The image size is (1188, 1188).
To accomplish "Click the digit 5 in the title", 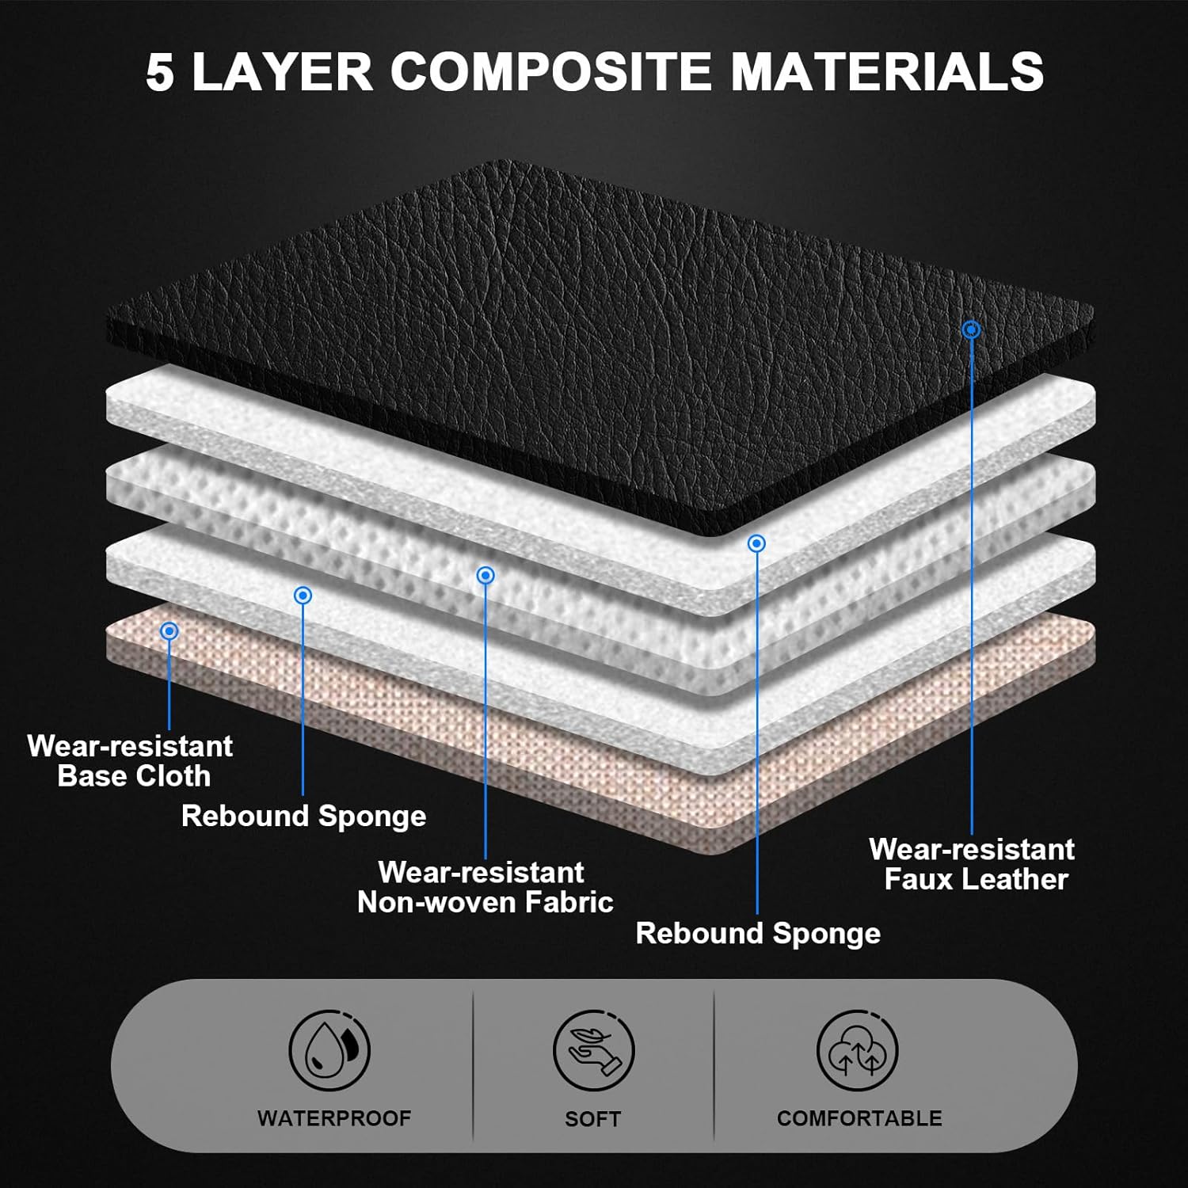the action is coord(159,73).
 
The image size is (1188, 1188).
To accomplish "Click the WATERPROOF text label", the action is coord(334,1118).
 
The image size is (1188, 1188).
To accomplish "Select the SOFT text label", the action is coord(592,1119).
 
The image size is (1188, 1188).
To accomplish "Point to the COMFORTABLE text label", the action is coord(859,1118).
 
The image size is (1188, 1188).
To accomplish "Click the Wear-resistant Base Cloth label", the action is coord(131,760).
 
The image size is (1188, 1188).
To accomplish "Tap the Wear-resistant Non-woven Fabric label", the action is coord(485,887).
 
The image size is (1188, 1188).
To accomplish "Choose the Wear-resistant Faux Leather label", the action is coord(973,864).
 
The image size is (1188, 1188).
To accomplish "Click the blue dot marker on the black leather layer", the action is coord(972,329).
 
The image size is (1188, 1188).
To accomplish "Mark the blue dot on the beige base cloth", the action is coord(169,631).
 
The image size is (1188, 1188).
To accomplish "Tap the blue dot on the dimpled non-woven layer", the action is coord(485,575).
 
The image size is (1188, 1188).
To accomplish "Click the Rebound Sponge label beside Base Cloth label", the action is coord(303,816).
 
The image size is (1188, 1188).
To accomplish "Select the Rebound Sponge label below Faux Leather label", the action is coord(758,933).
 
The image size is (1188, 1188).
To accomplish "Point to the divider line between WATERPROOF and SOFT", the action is coord(474,1065).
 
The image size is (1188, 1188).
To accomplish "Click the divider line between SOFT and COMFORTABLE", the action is coord(714,1065).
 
